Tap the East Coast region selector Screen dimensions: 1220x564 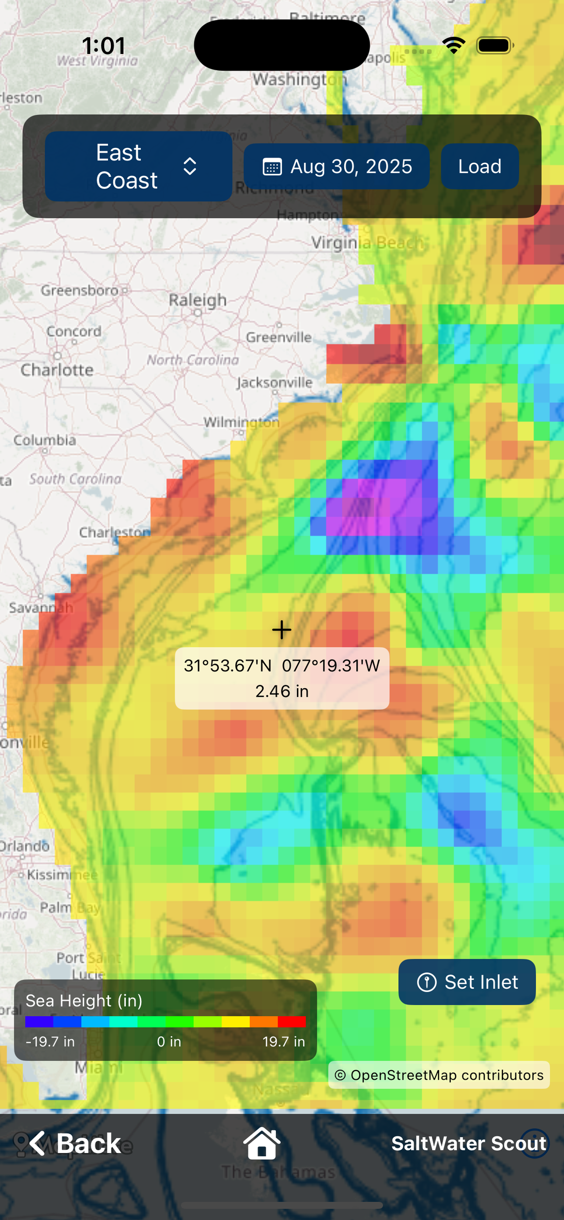[x=138, y=166]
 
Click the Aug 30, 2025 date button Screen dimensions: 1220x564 [x=336, y=166]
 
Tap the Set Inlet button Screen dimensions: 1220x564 [x=467, y=982]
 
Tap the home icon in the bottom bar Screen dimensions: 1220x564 [x=262, y=1143]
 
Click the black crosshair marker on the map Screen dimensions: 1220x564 [x=282, y=630]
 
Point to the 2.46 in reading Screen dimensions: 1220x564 [x=282, y=691]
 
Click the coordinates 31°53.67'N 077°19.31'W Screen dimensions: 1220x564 [x=282, y=666]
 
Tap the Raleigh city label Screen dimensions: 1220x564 [x=198, y=300]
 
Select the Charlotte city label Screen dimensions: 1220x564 [x=57, y=370]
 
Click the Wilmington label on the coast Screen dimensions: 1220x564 [x=241, y=423]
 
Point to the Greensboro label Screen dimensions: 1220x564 [x=80, y=291]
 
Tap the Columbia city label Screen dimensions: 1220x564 [x=45, y=440]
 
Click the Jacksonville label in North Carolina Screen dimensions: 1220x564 [x=274, y=383]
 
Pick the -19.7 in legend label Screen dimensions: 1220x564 [x=50, y=1042]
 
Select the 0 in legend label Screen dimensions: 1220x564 [x=169, y=1042]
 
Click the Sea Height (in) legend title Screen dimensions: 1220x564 [x=84, y=1001]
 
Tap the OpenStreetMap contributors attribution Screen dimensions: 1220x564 [x=439, y=1075]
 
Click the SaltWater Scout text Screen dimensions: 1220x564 [x=469, y=1143]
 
